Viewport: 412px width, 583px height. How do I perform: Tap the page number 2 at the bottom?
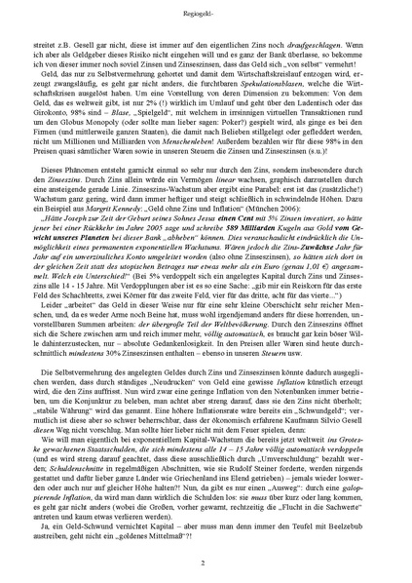(x=206, y=563)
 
